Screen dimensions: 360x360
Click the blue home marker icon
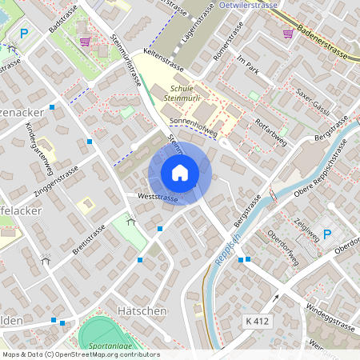[179, 173]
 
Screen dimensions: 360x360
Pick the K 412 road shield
[256, 320]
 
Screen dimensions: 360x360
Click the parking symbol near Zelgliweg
[326, 234]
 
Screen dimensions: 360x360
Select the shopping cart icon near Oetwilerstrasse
[288, 33]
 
